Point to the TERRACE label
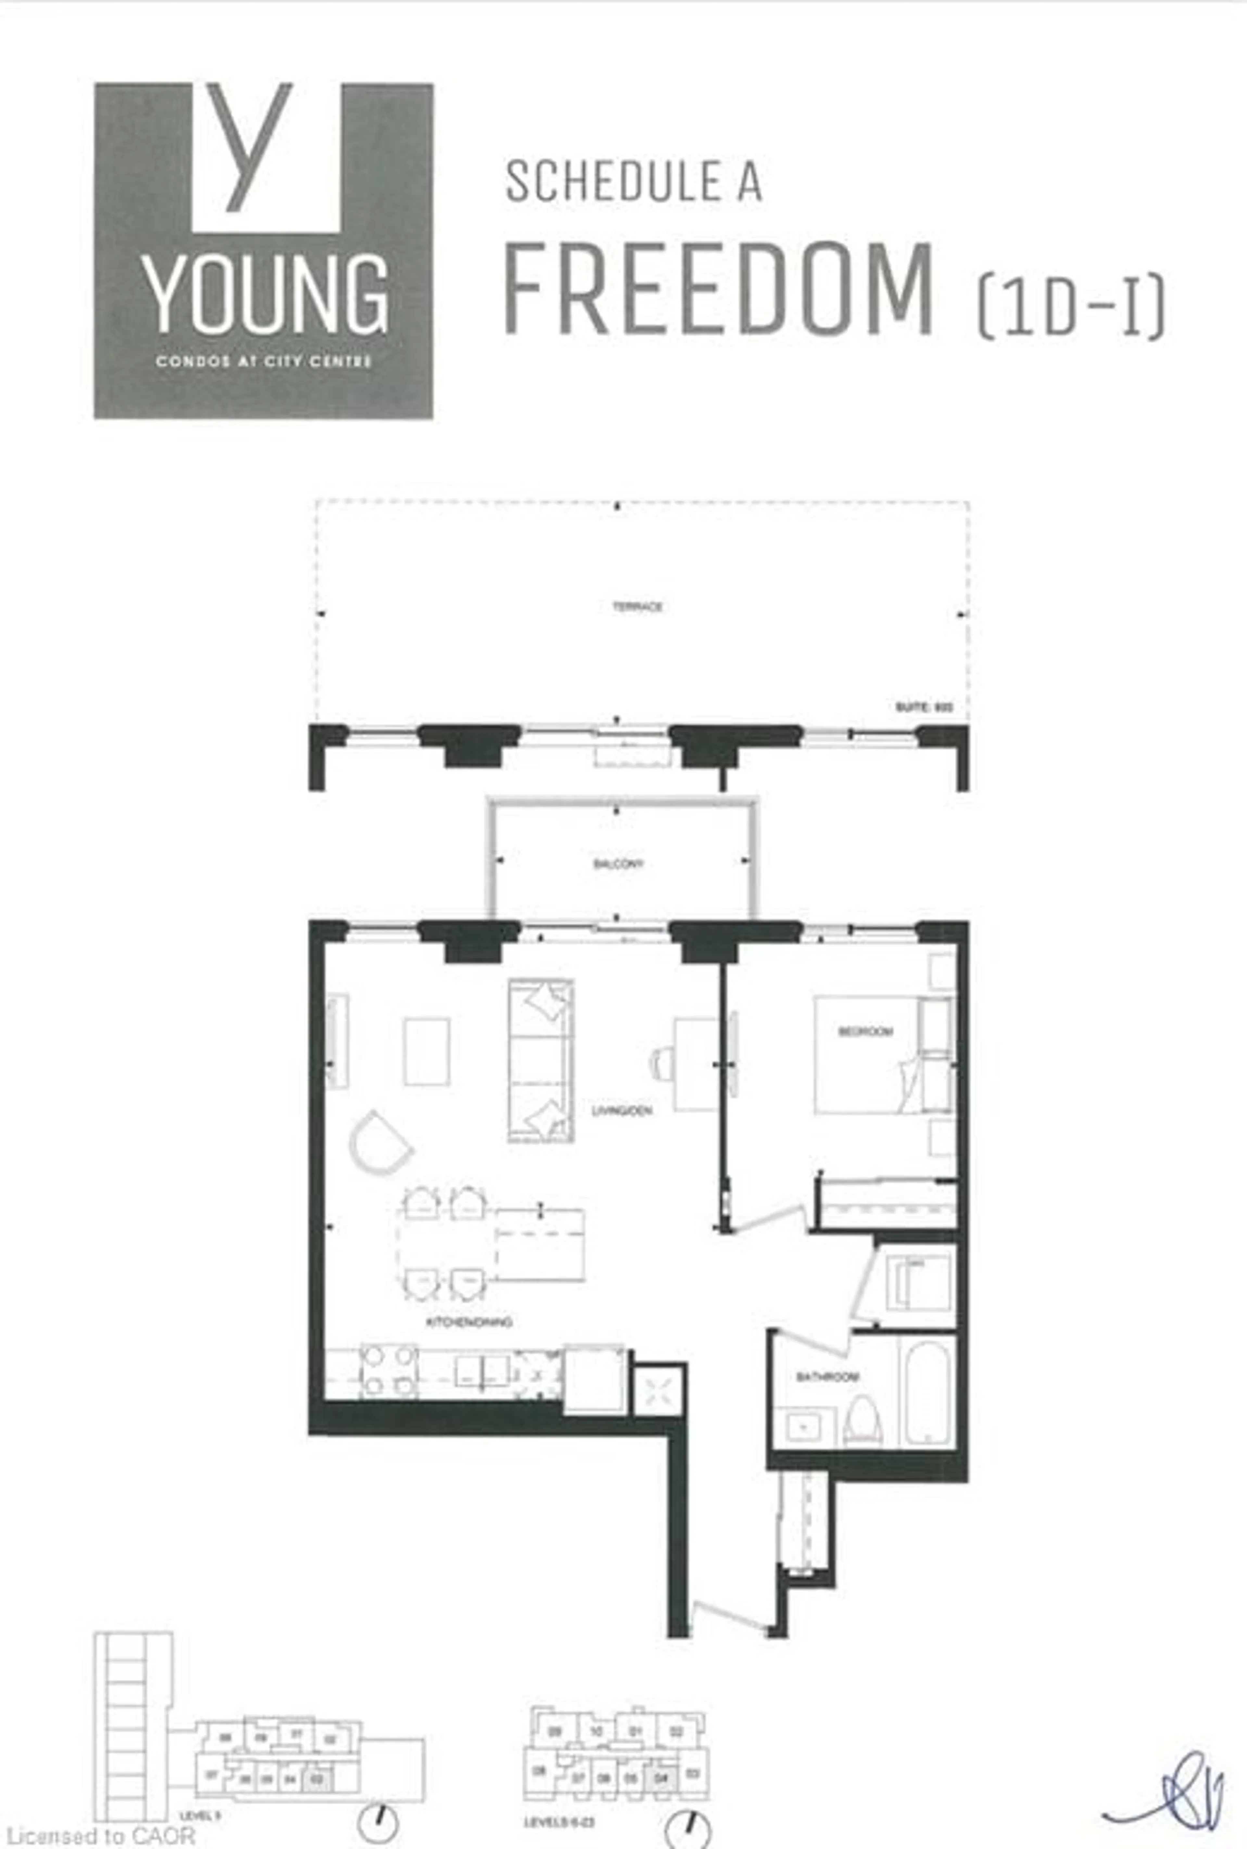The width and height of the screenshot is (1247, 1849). pos(637,607)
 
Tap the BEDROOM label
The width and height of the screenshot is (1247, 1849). pos(865,1032)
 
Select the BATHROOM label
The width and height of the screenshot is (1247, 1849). pos(827,1377)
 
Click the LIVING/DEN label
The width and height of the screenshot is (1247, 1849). pos(622,1110)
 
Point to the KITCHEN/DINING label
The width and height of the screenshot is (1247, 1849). pos(469,1322)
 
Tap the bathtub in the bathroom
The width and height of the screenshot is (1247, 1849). pos(927,1393)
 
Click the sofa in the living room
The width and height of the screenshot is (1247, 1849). pos(541,1060)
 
